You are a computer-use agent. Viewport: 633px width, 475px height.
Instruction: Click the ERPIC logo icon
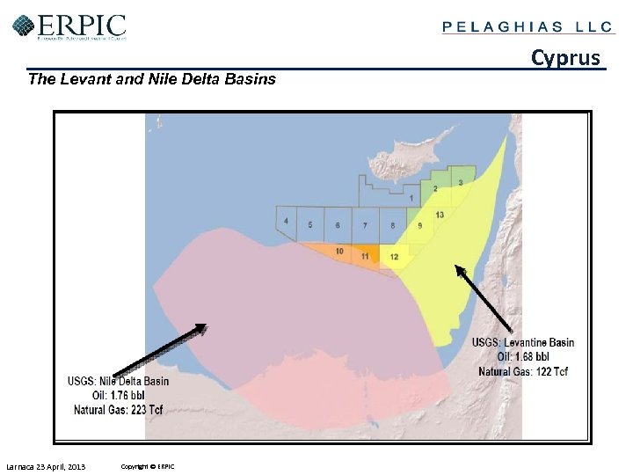pos(24,26)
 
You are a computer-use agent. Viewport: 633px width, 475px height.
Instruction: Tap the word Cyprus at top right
pos(566,58)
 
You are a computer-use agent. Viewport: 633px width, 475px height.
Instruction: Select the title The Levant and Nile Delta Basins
pos(152,79)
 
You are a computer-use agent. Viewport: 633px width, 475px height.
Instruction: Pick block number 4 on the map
pos(286,221)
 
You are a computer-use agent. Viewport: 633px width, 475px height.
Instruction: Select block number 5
pos(310,225)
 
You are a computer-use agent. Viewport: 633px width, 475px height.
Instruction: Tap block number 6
pos(338,225)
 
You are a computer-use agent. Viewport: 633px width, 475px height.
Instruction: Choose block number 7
pos(365,226)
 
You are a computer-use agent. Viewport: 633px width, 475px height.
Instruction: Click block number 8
pos(392,226)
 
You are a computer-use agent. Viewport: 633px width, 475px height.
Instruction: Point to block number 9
pos(419,226)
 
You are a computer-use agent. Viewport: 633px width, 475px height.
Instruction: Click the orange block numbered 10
pos(339,252)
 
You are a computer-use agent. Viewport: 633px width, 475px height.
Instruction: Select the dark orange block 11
pos(365,255)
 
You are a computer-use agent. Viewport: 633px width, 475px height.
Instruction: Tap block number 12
pos(393,256)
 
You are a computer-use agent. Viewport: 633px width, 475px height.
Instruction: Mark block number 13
pos(439,215)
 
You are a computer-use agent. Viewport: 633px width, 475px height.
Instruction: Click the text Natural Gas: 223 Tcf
pos(119,410)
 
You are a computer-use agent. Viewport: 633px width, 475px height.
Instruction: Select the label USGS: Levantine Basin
pos(523,343)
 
